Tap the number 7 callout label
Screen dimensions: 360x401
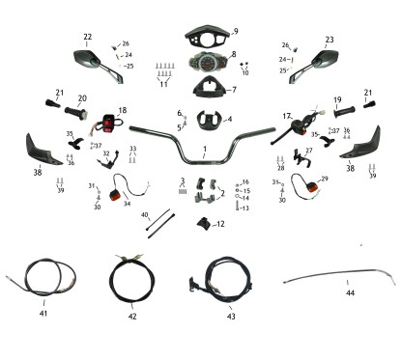click(x=233, y=90)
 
